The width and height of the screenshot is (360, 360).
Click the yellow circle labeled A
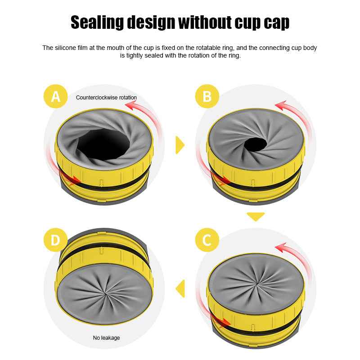pyautogui.click(x=55, y=96)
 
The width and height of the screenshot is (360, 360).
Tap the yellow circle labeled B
pyautogui.click(x=207, y=96)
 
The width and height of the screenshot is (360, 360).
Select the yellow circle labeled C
pyautogui.click(x=207, y=240)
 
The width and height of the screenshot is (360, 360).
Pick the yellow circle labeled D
pyautogui.click(x=55, y=240)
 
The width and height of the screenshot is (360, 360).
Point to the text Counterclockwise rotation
pyautogui.click(x=106, y=97)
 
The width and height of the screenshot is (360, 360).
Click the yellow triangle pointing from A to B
pyautogui.click(x=180, y=144)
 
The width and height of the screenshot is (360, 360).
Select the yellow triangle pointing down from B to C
pyautogui.click(x=256, y=216)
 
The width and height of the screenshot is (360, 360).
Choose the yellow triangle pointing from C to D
pyautogui.click(x=180, y=288)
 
